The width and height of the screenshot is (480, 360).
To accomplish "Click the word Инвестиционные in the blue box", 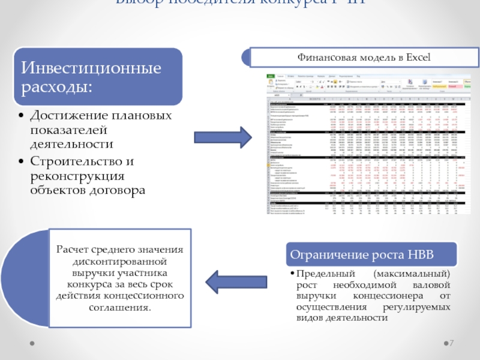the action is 92,68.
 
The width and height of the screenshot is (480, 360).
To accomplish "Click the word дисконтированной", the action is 119,262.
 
